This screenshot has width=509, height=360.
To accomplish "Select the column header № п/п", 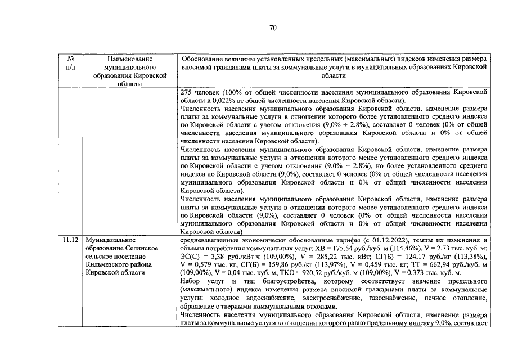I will click(x=71, y=62).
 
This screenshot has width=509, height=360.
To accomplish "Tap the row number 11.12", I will click(x=71, y=238).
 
